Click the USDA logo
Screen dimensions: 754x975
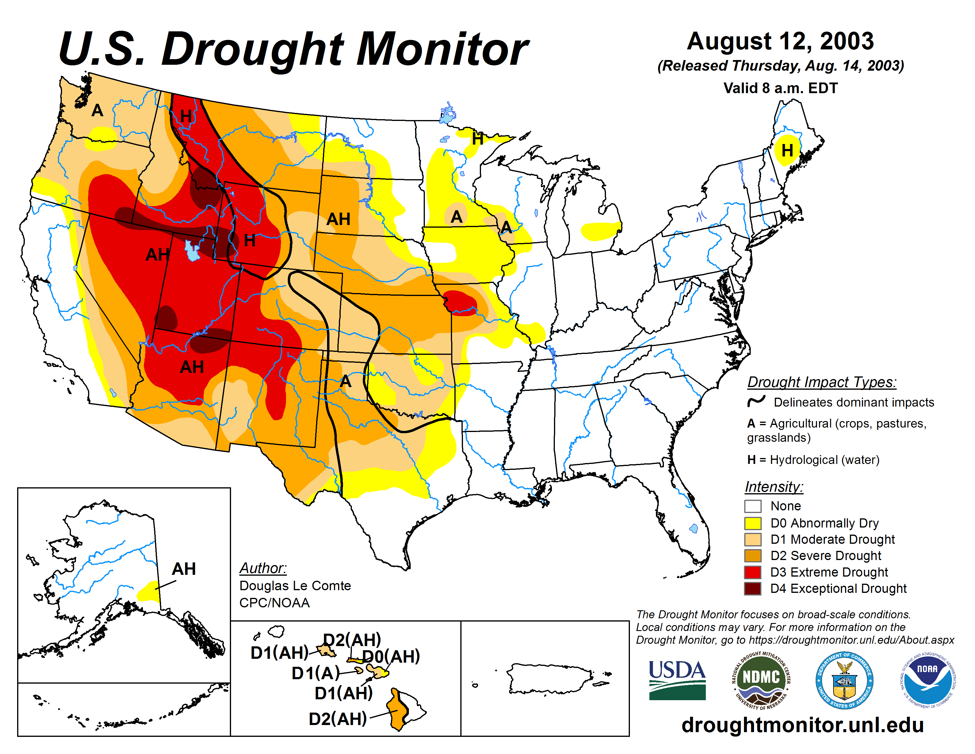[x=677, y=680]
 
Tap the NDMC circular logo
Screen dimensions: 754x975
[x=761, y=680]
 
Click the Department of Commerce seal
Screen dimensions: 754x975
[x=844, y=680]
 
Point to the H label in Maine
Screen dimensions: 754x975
[x=787, y=150]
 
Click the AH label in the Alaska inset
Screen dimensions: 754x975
[x=183, y=569]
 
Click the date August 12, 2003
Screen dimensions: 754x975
[x=780, y=41]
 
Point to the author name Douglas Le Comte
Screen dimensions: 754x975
[x=295, y=585]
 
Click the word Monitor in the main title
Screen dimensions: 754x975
[x=442, y=49]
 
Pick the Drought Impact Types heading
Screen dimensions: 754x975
[x=821, y=382]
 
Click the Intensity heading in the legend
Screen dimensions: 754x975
[x=774, y=486]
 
